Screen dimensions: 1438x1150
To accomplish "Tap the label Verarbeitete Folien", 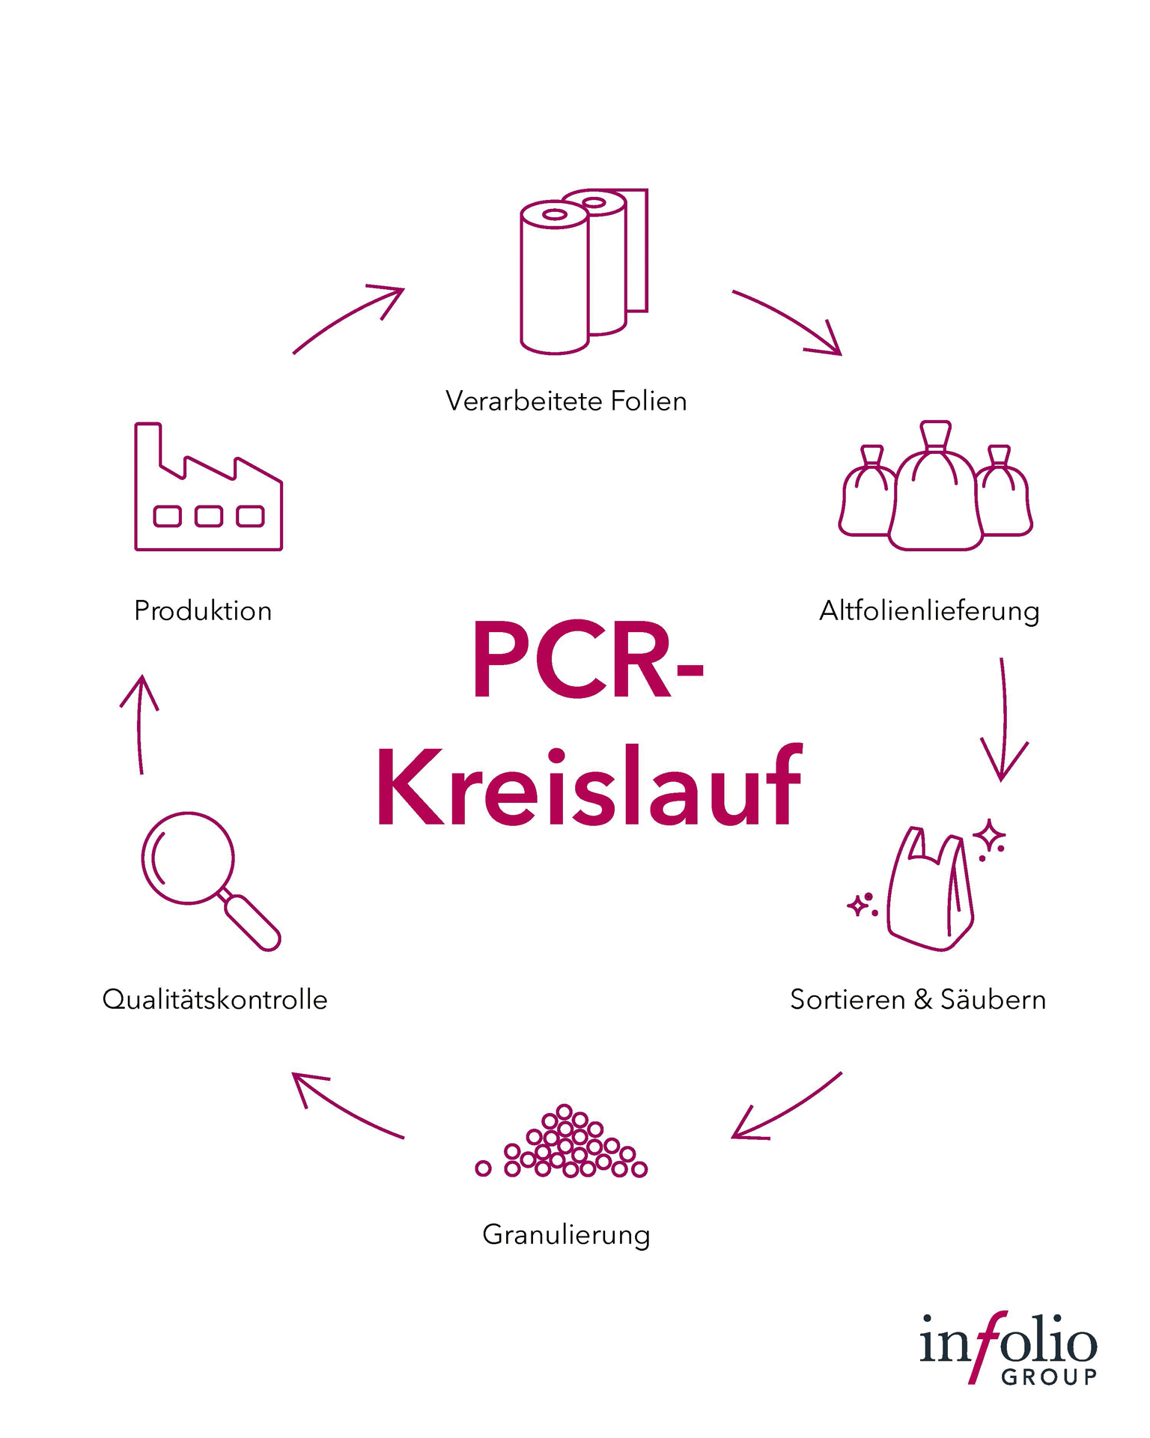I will [x=566, y=401].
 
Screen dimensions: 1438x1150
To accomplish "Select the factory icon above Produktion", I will [x=208, y=488].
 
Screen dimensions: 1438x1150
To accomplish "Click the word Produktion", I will [x=203, y=611].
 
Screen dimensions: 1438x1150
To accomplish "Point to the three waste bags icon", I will [x=935, y=486].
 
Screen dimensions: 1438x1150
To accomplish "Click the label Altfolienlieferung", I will [x=929, y=611].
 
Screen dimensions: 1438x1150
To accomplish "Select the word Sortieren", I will [x=847, y=1000].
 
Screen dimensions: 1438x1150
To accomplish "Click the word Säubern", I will [x=993, y=1000].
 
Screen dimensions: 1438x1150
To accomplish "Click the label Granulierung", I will [x=566, y=1235].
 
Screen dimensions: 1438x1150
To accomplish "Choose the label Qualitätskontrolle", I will [x=215, y=1000].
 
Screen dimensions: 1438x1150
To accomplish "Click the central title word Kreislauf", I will [x=589, y=786].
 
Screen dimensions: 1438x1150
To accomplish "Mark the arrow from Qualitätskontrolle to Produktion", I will [x=139, y=723].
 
